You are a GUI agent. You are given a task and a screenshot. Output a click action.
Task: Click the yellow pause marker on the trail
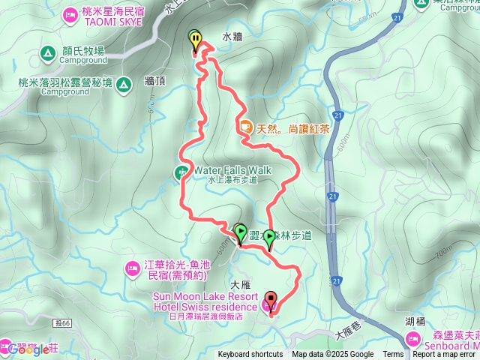coord(196,39)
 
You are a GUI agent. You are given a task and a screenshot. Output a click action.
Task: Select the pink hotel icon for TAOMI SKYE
coord(70,13)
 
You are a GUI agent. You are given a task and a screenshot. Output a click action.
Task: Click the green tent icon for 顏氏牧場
coord(46,53)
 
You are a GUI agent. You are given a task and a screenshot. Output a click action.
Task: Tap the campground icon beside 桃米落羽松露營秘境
coord(123,84)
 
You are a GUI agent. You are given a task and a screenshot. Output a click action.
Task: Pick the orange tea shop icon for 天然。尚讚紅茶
coord(246,127)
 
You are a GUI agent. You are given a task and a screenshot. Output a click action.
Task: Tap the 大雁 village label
coord(240,285)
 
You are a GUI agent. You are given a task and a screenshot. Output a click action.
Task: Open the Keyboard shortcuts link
coord(250,355)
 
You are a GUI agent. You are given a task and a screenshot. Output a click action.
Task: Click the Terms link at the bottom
coord(393,355)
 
